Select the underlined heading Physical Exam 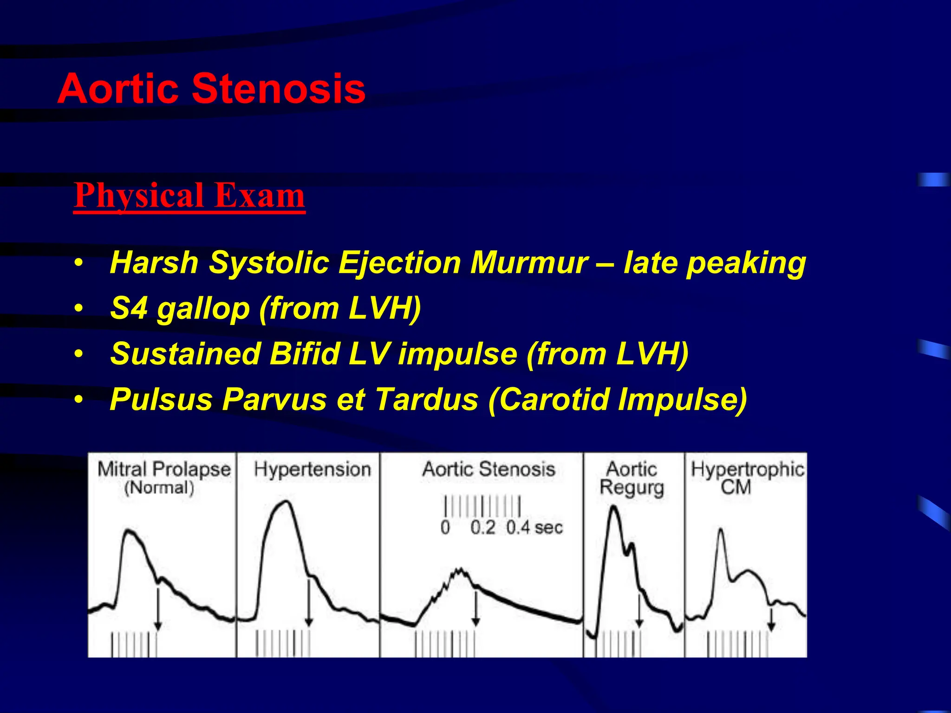189,195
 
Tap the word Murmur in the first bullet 529,263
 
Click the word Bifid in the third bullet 305,354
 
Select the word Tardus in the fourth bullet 426,399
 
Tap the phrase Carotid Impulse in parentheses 618,399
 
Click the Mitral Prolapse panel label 164,469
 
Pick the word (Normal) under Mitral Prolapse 159,488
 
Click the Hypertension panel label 312,469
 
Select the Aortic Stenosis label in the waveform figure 489,469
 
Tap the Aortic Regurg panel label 632,478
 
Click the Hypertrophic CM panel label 747,478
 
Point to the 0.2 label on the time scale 482,528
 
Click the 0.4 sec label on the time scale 534,528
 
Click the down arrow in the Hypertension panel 308,603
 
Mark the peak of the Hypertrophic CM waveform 721,530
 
